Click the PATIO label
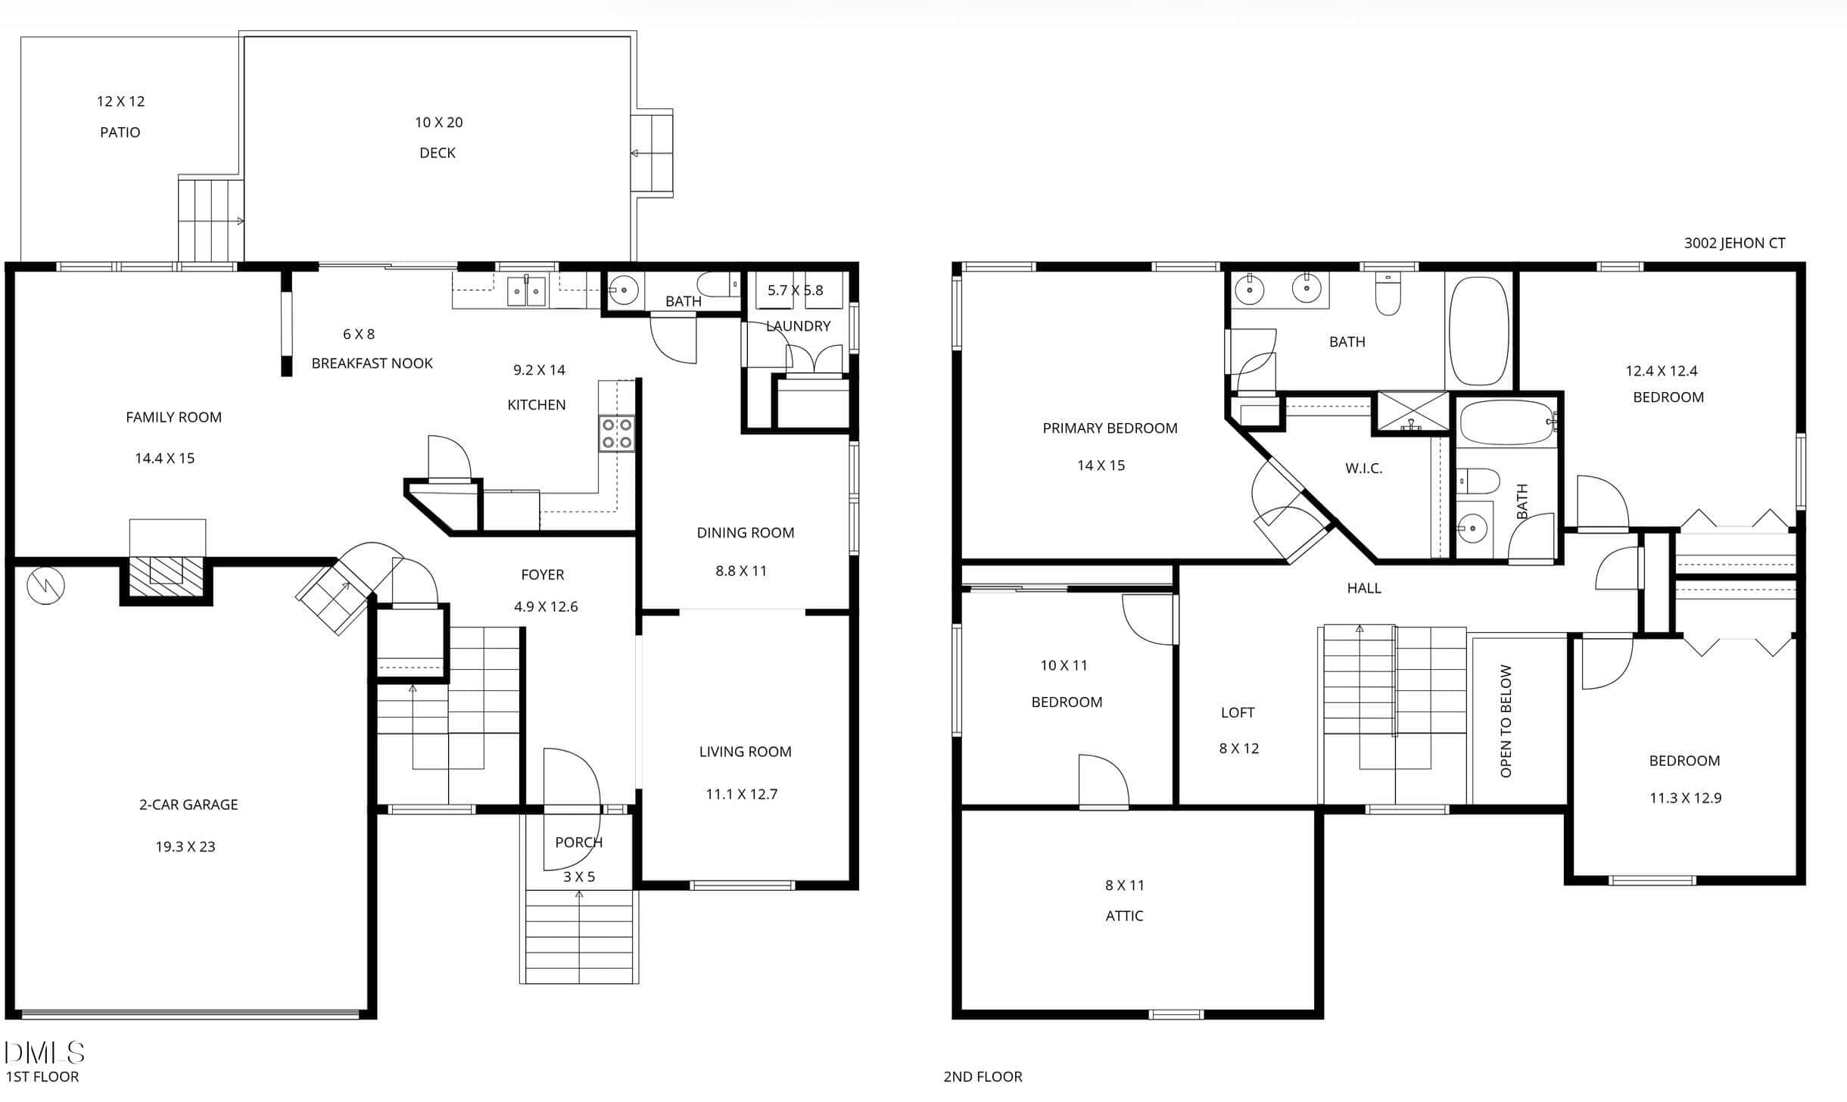[120, 132]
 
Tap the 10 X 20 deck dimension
[438, 122]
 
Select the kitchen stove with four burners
[617, 434]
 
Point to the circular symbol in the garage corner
[45, 585]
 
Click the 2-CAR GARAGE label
[188, 805]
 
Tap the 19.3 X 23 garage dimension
[185, 847]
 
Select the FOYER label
[543, 574]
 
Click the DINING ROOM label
[746, 533]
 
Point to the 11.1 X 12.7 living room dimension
[742, 794]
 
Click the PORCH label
[579, 842]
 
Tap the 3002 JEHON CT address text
[1735, 243]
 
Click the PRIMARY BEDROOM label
[1110, 428]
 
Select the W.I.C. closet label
[1364, 469]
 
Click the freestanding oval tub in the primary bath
[1478, 332]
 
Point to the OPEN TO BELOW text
[1506, 721]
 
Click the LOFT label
[1238, 713]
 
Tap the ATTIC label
[1124, 916]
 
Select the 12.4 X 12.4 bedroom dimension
[1662, 371]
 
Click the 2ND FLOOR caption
[983, 1076]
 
